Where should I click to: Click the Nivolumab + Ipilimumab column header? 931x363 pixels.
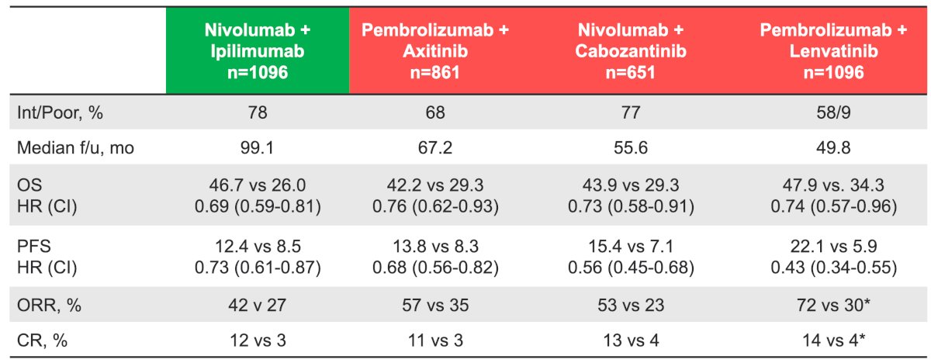coord(258,50)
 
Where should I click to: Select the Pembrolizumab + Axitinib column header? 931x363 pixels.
coord(434,50)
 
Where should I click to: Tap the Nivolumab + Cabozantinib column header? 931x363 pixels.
coord(631,50)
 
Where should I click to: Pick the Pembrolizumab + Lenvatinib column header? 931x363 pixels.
coord(833,50)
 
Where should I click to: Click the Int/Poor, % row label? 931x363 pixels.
coord(60,112)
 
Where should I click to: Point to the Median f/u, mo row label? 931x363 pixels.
coord(75,148)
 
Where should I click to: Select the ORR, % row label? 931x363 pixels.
coord(49,306)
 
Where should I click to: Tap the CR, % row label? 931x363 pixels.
coord(42,341)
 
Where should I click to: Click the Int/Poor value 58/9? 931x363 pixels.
coord(833,112)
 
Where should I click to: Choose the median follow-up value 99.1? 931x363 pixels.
coord(258,148)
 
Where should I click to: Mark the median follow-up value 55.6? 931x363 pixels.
coord(631,148)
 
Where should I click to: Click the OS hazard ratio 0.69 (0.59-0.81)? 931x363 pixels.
coord(258,206)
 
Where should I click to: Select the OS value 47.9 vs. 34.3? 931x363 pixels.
coord(833,185)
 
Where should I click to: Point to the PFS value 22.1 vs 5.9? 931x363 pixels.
coord(833,247)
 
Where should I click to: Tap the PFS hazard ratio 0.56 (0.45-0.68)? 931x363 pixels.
coord(631,268)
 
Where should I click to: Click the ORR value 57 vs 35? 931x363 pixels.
coord(435,306)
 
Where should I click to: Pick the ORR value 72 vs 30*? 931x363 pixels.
coord(833,306)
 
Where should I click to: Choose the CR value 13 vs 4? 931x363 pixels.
coord(631,341)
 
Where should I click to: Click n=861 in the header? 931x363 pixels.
coord(434,72)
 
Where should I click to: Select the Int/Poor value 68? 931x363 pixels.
coord(435,112)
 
